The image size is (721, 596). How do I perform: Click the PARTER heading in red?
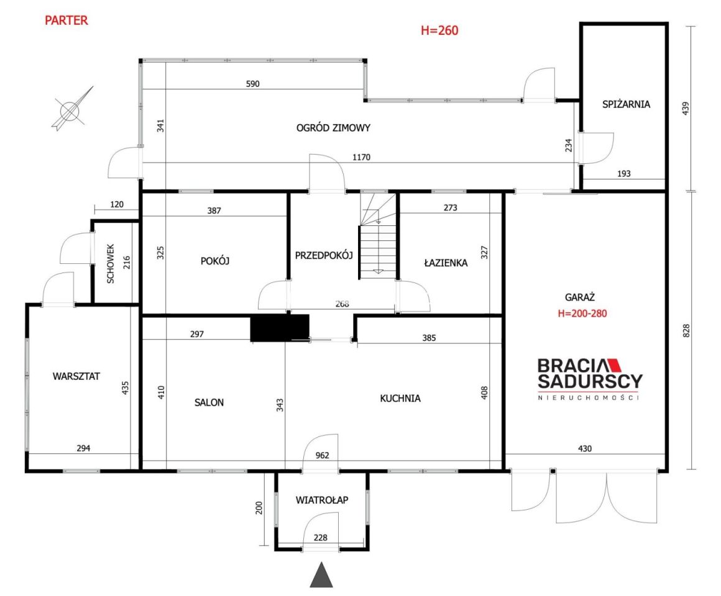click(x=67, y=20)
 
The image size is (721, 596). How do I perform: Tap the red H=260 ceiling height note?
click(x=439, y=30)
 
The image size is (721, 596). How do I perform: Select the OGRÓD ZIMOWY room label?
click(x=333, y=128)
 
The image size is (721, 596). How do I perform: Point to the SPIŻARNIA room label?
click(x=627, y=104)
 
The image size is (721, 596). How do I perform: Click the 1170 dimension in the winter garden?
click(x=361, y=158)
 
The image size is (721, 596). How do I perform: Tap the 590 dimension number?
click(x=252, y=84)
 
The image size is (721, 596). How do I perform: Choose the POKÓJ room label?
click(x=214, y=261)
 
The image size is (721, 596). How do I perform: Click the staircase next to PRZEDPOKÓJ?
click(x=377, y=236)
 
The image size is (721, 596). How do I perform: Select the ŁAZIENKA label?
click(x=446, y=263)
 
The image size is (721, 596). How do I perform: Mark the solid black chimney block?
click(x=280, y=328)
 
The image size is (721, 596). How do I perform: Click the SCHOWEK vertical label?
click(x=111, y=263)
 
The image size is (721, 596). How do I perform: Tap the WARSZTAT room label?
click(x=76, y=376)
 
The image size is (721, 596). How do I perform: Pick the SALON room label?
click(x=209, y=403)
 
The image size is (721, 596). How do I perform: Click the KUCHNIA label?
click(x=400, y=399)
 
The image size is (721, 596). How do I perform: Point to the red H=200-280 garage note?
click(x=582, y=314)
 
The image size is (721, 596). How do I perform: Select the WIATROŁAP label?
click(x=322, y=500)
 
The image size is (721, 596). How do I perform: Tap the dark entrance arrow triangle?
click(x=321, y=574)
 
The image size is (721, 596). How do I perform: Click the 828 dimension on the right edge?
click(x=686, y=331)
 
